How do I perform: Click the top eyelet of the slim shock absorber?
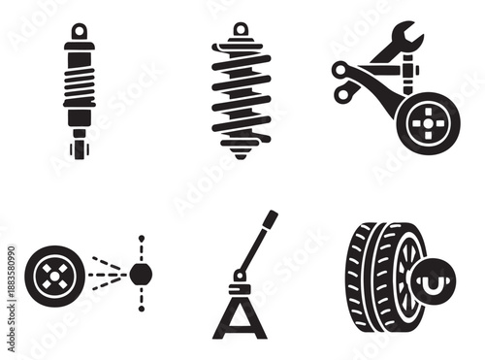click(x=80, y=30)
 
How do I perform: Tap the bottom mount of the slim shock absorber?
click(x=79, y=149)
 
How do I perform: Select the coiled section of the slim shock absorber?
click(x=80, y=82)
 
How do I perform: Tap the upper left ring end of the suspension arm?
click(x=340, y=69)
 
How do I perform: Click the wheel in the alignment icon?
click(x=48, y=274)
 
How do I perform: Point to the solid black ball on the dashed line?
click(x=141, y=274)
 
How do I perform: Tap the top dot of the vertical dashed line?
click(x=141, y=238)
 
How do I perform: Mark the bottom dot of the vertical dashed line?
click(x=141, y=310)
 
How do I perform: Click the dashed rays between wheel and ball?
click(x=105, y=274)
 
